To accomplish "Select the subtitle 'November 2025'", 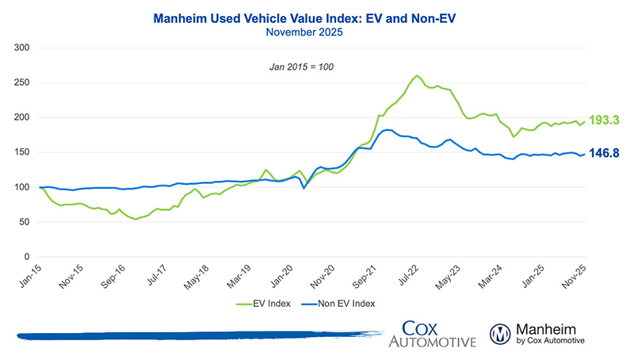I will coord(315,32).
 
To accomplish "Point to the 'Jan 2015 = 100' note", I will coord(301,66).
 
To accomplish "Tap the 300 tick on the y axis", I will coord(22,48).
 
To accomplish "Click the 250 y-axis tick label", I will coord(22,82).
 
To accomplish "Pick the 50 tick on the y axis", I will coord(25,222).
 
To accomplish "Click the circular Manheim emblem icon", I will coord(501,334).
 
